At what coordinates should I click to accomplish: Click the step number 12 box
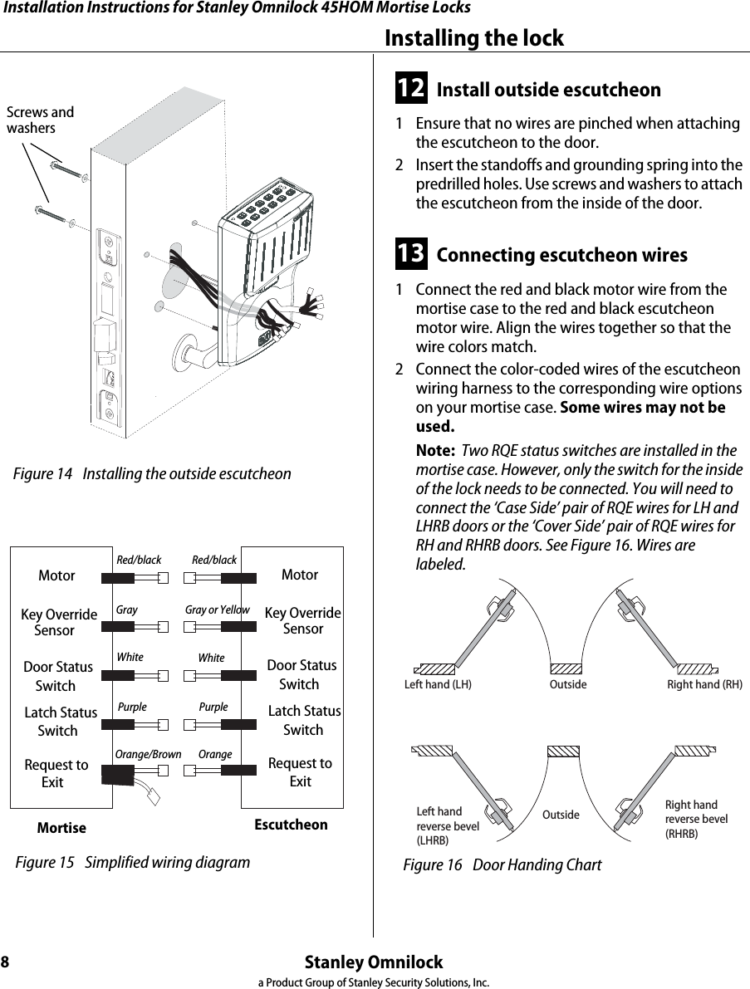click(412, 88)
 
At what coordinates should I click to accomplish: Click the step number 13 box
click(412, 253)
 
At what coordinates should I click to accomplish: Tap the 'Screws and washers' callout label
click(39, 120)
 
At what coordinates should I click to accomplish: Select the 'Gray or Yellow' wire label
click(217, 610)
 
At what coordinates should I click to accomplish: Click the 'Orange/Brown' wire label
click(148, 754)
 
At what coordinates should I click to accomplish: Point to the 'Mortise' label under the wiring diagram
click(61, 828)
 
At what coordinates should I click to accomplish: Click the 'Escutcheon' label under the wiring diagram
click(291, 825)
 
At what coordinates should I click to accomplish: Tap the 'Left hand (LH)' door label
click(438, 685)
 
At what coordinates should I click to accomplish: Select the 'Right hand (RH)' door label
click(704, 685)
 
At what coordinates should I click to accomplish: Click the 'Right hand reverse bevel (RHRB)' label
click(696, 819)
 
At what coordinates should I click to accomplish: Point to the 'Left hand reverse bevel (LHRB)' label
click(447, 825)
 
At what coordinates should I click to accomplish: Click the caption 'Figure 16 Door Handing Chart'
click(502, 865)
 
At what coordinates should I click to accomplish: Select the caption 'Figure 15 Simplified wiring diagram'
click(133, 862)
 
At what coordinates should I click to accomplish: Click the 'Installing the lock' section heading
click(474, 38)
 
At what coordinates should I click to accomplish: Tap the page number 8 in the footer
click(6, 962)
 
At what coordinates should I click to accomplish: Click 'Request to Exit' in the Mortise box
click(56, 773)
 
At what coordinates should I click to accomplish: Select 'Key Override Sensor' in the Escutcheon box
click(302, 620)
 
